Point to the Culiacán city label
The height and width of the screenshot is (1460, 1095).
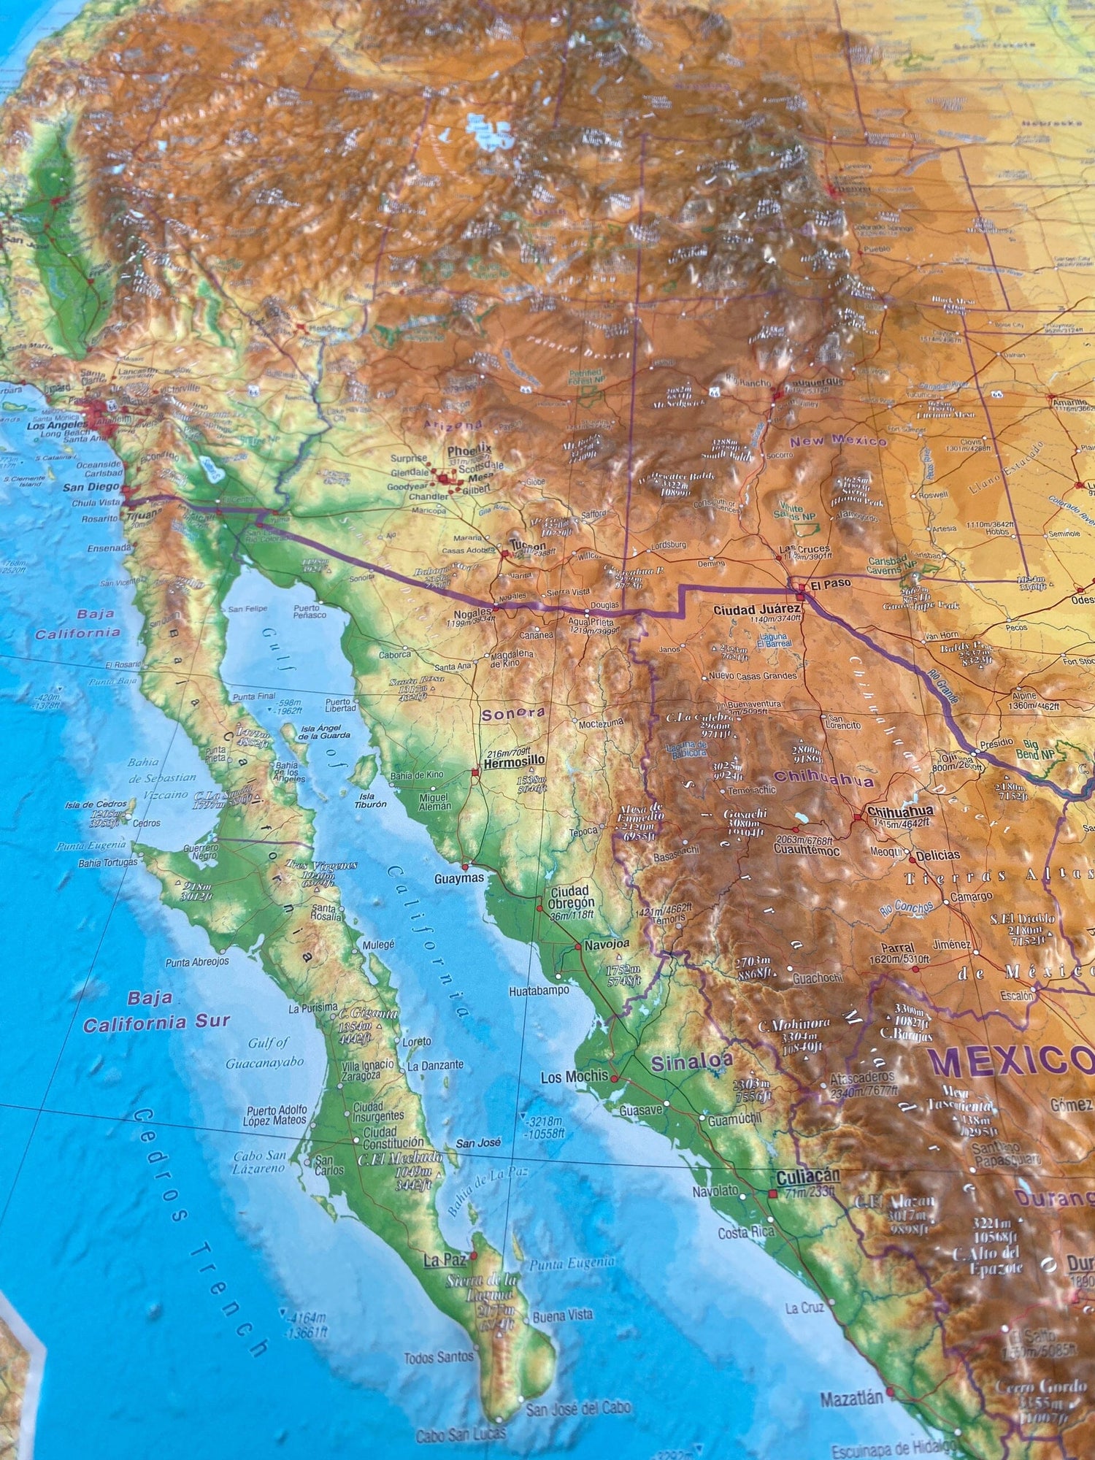point(807,1176)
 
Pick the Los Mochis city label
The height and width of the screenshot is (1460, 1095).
point(575,1076)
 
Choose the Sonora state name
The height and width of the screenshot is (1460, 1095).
point(514,713)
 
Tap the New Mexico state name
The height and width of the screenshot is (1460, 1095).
point(838,441)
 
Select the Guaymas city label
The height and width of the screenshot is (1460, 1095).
point(459,878)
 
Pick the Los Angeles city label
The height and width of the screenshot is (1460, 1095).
point(56,425)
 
